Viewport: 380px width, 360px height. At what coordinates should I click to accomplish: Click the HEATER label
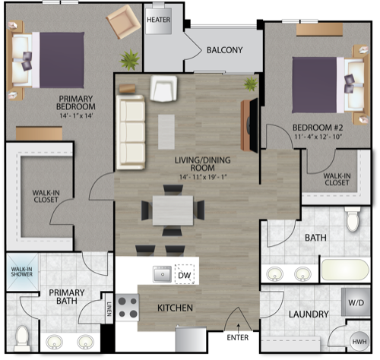pos(159,20)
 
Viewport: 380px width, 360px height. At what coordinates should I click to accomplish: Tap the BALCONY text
pos(225,50)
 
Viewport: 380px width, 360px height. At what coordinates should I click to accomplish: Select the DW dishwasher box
pos(185,274)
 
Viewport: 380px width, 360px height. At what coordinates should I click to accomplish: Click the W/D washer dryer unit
pos(356,302)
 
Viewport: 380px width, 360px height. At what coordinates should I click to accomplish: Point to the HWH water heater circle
pos(359,342)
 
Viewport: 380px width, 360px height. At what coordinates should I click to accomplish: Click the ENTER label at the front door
pos(238,337)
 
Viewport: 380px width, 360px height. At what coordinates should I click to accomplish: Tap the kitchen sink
pos(162,274)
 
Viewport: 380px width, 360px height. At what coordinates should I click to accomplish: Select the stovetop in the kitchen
pos(128,308)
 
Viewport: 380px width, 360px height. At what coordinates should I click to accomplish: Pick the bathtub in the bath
pos(345,270)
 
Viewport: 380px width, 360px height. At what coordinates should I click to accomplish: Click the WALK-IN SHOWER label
pos(22,272)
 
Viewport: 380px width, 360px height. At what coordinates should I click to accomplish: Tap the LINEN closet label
pos(109,309)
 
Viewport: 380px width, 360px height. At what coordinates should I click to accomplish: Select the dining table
pos(173,210)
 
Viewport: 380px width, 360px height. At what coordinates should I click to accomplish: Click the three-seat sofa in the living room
pos(131,132)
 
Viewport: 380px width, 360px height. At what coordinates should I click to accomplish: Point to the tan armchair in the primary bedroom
pos(123,22)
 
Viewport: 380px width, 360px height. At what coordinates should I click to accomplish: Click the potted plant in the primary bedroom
pos(130,60)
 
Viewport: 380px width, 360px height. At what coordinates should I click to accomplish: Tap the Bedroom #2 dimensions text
pos(318,137)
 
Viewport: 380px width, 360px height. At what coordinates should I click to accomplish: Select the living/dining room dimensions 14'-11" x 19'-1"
pos(203,177)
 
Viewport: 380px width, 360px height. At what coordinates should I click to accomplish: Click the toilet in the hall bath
pos(353,219)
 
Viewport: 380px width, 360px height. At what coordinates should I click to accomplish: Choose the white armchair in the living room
pos(163,89)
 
